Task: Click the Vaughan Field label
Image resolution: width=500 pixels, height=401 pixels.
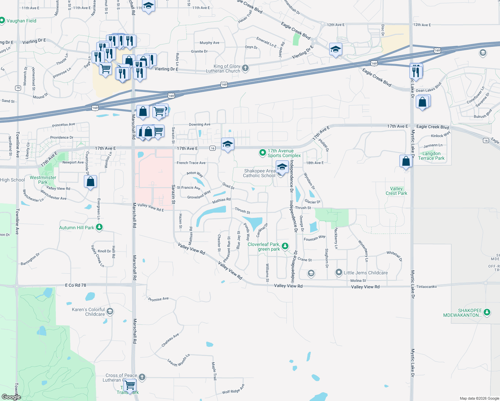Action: pyautogui.click(x=21, y=21)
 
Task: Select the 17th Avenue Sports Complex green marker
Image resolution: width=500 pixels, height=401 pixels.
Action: pyautogui.click(x=263, y=153)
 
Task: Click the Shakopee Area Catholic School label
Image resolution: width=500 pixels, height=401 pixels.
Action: pyautogui.click(x=259, y=173)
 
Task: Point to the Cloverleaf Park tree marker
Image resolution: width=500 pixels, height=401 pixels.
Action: pyautogui.click(x=285, y=246)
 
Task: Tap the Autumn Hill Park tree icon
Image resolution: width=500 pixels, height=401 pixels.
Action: pyautogui.click(x=99, y=227)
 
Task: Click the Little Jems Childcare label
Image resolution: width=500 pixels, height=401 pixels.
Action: pyautogui.click(x=366, y=273)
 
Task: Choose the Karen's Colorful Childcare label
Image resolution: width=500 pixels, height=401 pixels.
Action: pyautogui.click(x=88, y=312)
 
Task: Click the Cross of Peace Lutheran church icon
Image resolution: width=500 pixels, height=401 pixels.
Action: pyautogui.click(x=142, y=377)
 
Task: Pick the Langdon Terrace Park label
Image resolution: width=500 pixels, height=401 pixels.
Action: pyautogui.click(x=431, y=156)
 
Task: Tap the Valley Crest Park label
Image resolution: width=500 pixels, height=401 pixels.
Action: pyautogui.click(x=396, y=191)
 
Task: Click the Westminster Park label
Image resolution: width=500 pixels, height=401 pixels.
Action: pyautogui.click(x=43, y=180)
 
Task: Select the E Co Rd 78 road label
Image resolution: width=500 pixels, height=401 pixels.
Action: pyautogui.click(x=76, y=285)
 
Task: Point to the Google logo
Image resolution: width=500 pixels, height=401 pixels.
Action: pyautogui.click(x=11, y=397)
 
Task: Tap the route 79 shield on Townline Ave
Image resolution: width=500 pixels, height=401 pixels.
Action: pyautogui.click(x=18, y=88)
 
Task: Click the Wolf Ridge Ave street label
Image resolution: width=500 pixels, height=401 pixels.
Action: pyautogui.click(x=233, y=389)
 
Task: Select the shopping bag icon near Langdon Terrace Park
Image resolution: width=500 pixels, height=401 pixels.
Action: pyautogui.click(x=406, y=161)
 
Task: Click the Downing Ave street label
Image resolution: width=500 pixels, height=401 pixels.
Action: pyautogui.click(x=200, y=124)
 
